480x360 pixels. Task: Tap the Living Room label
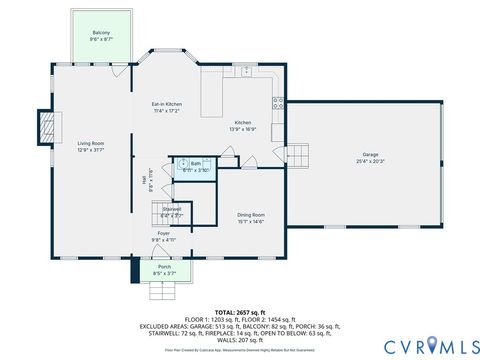coord(91,143)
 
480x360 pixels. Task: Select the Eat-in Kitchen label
coord(166,104)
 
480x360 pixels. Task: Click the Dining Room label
coord(251,214)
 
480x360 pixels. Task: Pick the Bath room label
coord(196,164)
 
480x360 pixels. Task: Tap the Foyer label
coord(163,232)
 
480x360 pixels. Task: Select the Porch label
coord(164,266)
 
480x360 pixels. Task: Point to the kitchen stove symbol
coord(278,101)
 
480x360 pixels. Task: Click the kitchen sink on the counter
coord(246,71)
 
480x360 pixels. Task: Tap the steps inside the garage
coord(299,154)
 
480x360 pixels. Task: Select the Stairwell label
coord(172,209)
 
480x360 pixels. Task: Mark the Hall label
coord(144,180)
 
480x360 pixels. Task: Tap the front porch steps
coord(163,290)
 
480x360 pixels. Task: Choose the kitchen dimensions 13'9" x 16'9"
coord(244,129)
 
